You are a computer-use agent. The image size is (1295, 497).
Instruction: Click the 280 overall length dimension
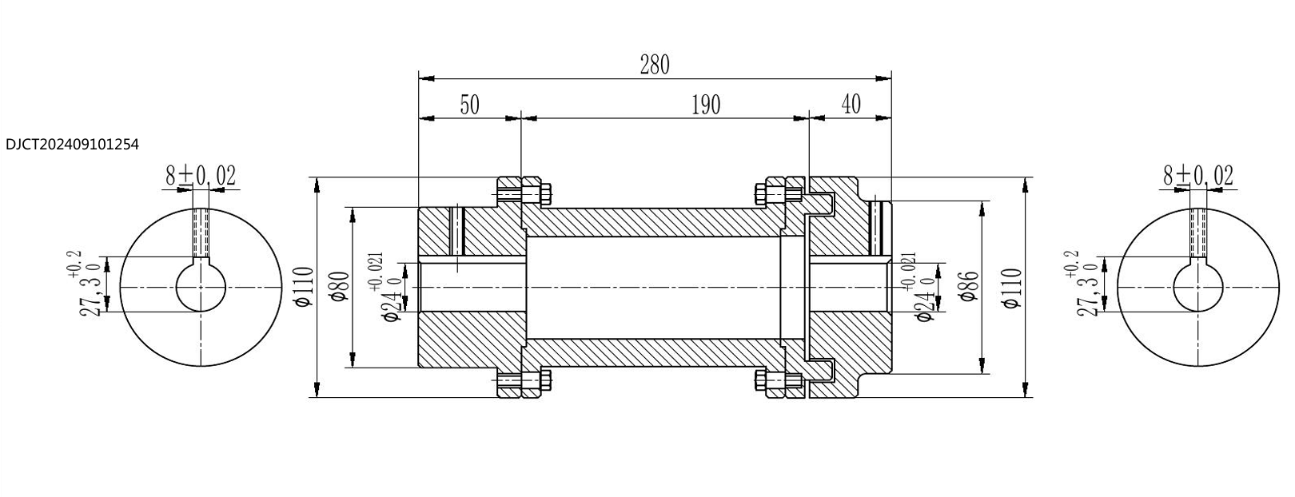655,65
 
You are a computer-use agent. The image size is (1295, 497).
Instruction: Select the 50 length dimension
469,105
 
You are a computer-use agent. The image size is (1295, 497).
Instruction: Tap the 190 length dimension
706,105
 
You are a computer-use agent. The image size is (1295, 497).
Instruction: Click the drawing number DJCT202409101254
72,145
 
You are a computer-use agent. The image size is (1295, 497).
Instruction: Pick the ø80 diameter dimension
341,287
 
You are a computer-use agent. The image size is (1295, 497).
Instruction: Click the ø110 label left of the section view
304,287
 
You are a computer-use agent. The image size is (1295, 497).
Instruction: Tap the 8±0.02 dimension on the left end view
201,176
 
